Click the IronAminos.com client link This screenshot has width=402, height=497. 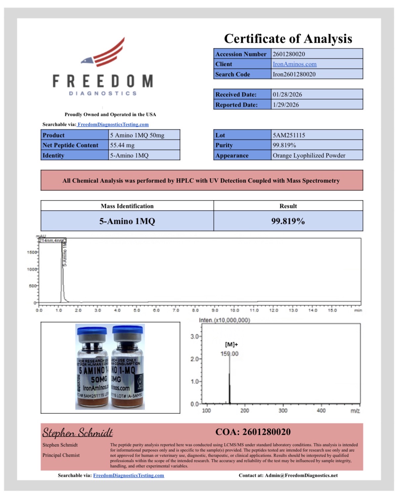(x=294, y=64)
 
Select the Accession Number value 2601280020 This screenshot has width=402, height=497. (x=289, y=54)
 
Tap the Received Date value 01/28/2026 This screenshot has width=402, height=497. (x=287, y=94)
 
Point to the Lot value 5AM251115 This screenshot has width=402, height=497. (x=289, y=135)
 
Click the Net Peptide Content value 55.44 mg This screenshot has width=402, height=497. (x=122, y=145)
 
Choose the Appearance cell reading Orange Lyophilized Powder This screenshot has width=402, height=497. (x=309, y=155)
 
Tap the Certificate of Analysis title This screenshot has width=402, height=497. (x=288, y=39)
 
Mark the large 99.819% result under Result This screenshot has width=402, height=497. (x=288, y=221)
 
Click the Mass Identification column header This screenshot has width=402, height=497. (x=127, y=206)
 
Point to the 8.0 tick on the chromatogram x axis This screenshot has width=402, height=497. (x=195, y=310)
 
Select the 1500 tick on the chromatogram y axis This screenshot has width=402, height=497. (x=32, y=252)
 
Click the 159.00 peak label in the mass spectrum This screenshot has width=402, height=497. (x=229, y=354)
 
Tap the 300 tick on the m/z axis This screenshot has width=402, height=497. (x=283, y=411)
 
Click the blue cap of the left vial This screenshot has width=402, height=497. (x=92, y=331)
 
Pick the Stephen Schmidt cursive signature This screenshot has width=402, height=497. (x=77, y=432)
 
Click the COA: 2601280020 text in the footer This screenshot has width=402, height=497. (x=253, y=432)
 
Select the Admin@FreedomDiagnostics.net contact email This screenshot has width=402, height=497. (x=301, y=475)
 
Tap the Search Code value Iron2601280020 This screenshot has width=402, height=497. (x=294, y=74)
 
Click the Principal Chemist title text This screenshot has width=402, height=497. (x=61, y=455)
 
